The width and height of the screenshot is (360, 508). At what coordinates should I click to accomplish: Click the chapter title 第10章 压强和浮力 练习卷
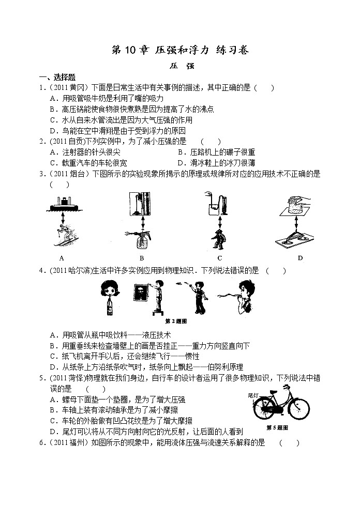tap(180, 50)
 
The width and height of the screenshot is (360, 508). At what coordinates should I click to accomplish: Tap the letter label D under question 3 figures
tap(299, 258)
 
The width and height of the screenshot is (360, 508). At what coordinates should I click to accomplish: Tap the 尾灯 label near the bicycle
tap(253, 395)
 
